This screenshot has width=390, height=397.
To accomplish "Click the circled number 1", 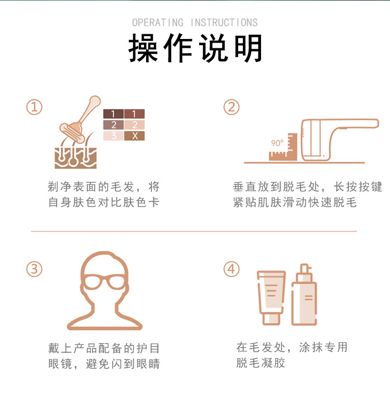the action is tap(34, 107).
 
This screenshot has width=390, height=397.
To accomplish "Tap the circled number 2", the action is tap(231, 107).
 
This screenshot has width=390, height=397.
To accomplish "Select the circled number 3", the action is tap(34, 269).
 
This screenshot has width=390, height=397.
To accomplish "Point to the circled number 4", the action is tap(231, 269).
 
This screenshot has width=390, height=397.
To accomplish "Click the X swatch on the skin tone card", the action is tap(134, 136).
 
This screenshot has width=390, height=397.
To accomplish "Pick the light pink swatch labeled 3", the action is tap(113, 136).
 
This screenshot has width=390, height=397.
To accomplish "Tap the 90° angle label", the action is tap(277, 143).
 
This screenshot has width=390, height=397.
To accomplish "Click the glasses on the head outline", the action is tap(105, 282).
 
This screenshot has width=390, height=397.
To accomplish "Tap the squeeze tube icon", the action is tap(271, 298).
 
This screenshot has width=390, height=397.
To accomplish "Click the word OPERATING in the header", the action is tap(158, 22).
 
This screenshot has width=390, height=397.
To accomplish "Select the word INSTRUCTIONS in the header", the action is tap(224, 22).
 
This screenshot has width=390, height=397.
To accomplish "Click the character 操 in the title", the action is tap(143, 48).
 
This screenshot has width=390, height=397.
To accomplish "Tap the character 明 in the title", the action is tap(249, 48).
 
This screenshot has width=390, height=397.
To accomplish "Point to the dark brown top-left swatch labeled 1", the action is tap(113, 114).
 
